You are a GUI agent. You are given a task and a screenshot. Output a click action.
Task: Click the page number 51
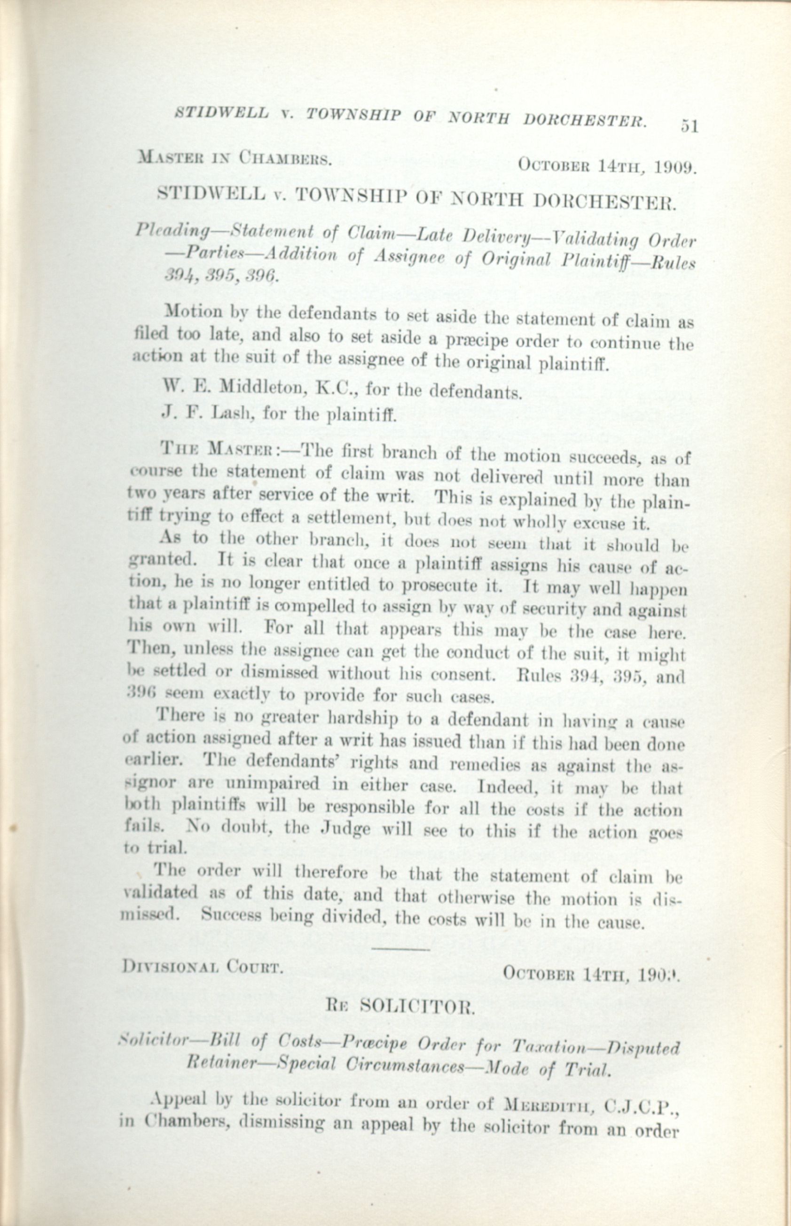click(x=689, y=126)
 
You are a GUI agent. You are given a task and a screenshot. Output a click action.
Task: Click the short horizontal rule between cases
click(x=400, y=949)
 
